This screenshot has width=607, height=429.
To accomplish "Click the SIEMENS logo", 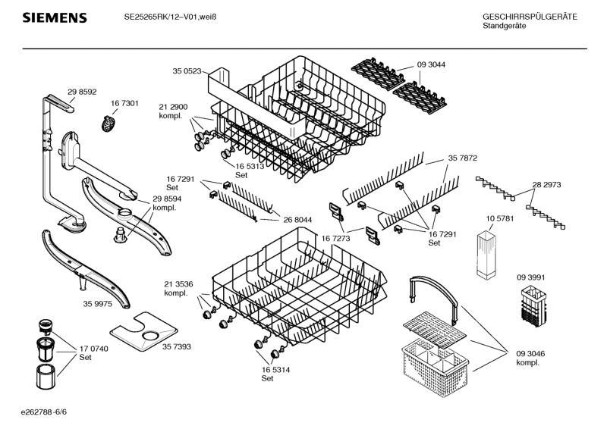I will pyautogui.click(x=54, y=17).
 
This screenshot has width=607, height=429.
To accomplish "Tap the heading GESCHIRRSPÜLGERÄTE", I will pyautogui.click(x=530, y=16).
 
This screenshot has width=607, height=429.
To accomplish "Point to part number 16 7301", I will pyautogui.click(x=124, y=103).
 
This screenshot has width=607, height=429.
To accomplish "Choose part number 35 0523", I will pyautogui.click(x=187, y=70).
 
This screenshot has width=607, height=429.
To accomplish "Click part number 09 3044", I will pyautogui.click(x=431, y=64).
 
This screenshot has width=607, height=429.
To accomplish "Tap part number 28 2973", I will pyautogui.click(x=546, y=184).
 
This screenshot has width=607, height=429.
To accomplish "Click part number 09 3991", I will pyautogui.click(x=531, y=277).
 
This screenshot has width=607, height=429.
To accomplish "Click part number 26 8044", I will pyautogui.click(x=298, y=220).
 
